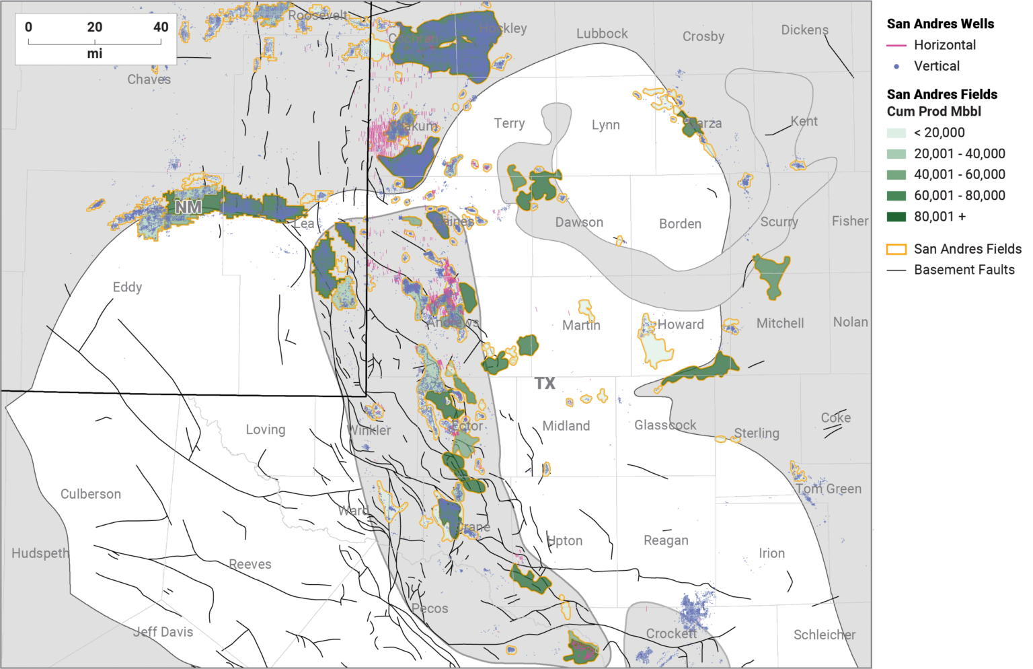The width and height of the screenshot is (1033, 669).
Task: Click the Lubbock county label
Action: point(602,34)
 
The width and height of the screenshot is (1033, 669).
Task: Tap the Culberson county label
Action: point(91,494)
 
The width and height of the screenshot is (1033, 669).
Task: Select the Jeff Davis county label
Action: point(163,632)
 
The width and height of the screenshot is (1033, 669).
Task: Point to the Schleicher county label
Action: point(825,635)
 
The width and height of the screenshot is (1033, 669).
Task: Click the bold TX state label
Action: point(545,384)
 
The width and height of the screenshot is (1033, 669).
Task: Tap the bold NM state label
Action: point(188,207)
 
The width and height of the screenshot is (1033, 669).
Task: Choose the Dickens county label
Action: point(804,30)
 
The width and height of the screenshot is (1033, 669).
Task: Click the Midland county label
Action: point(566,426)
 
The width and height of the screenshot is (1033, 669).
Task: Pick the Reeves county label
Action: point(250,564)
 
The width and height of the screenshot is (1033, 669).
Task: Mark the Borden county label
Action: point(680,224)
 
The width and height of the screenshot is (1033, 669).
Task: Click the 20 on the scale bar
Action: point(95,28)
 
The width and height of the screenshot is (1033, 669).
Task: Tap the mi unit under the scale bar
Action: point(95,54)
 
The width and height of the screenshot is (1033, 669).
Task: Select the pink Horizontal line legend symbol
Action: point(896,45)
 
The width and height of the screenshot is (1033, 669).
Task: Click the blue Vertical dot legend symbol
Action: point(896,67)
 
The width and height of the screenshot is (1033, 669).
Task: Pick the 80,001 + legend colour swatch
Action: point(896,217)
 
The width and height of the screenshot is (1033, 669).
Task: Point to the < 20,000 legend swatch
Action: point(896,133)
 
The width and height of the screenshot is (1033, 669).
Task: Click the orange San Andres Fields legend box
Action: point(896,249)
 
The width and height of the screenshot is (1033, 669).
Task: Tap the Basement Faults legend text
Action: point(964,270)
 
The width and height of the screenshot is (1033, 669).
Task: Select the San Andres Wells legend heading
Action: point(940,24)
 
